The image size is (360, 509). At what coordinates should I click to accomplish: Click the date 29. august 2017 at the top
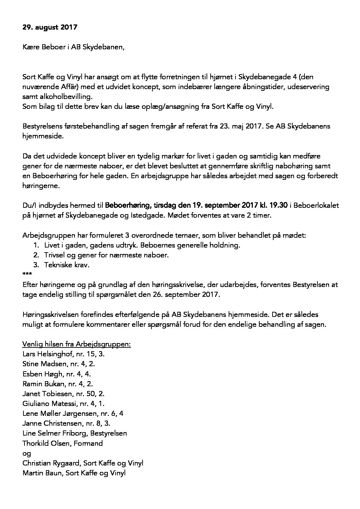point(50,27)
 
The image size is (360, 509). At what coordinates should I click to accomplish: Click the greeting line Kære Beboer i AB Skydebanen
point(73,47)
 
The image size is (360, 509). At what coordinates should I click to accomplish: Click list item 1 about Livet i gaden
point(142,245)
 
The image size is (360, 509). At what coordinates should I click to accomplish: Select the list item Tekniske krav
point(67,265)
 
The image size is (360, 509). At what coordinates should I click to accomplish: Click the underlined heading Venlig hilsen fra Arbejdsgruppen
point(77,344)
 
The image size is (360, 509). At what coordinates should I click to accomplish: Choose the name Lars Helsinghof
point(48,354)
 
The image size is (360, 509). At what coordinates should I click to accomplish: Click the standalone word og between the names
point(27,453)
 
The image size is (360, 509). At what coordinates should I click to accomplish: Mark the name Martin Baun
point(42,473)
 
